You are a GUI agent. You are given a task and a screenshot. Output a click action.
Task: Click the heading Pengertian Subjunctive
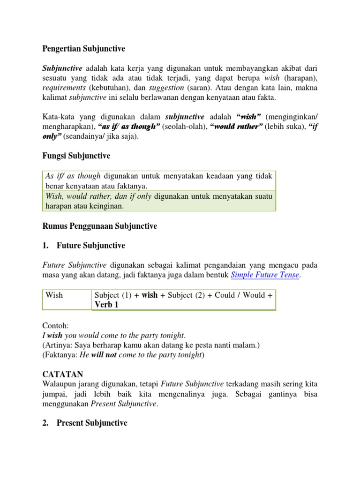84,48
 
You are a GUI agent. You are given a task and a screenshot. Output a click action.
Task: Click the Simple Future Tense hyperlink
265,275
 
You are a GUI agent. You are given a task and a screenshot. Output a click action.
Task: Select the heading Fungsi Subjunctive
76,156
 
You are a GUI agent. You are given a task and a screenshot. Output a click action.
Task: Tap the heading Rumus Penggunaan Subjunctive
100,226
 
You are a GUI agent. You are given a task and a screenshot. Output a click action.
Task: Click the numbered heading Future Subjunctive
91,245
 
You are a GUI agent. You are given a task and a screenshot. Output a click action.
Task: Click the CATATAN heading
63,374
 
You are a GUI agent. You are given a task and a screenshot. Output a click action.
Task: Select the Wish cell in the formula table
54,295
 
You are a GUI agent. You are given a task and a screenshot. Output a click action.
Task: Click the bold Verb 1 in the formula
106,305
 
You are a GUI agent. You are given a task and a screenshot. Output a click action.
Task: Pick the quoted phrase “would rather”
237,127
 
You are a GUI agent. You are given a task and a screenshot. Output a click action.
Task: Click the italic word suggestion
166,87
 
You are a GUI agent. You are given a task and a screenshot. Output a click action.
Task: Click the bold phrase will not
104,355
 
